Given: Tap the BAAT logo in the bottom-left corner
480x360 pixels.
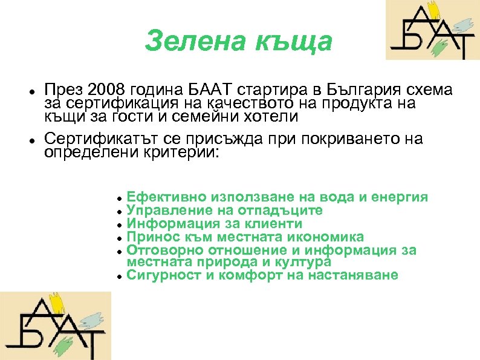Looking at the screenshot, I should point(56,326).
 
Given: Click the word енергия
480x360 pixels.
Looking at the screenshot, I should point(401,197).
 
